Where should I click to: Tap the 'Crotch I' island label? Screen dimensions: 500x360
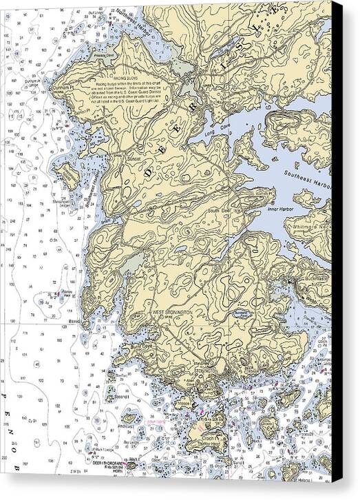211,439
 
